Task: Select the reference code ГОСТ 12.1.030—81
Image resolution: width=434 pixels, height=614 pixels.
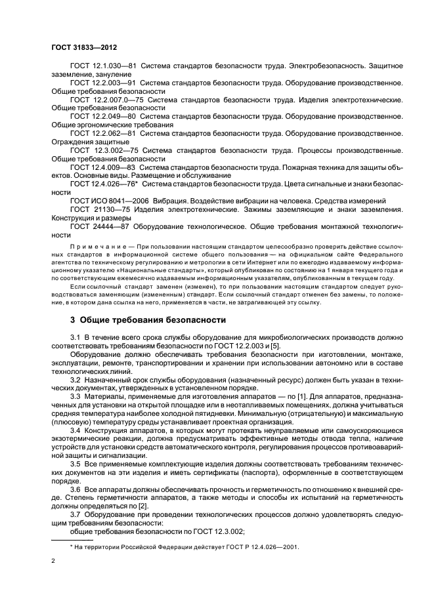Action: (102, 67)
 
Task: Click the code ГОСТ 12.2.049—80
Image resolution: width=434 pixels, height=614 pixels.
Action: (102, 116)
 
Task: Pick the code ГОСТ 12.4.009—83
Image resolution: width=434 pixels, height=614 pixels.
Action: (102, 167)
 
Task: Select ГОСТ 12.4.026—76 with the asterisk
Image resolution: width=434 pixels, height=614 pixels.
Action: (104, 184)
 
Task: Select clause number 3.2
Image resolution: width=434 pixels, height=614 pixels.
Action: (76, 380)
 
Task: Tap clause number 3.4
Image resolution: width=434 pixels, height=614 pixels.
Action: (76, 430)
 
